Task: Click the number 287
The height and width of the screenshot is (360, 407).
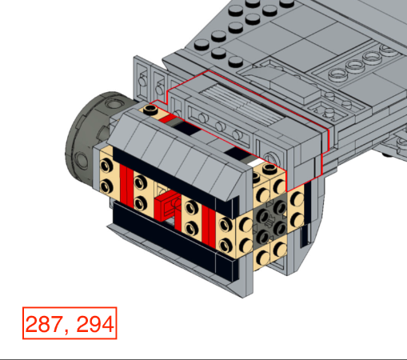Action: pyautogui.click(x=44, y=324)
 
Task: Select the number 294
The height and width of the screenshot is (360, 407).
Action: pyautogui.click(x=95, y=324)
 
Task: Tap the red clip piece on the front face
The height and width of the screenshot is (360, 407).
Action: pyautogui.click(x=166, y=206)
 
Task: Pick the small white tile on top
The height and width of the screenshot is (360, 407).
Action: pyautogui.click(x=256, y=162)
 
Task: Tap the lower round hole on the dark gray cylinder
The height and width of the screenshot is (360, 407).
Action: pyautogui.click(x=81, y=160)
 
